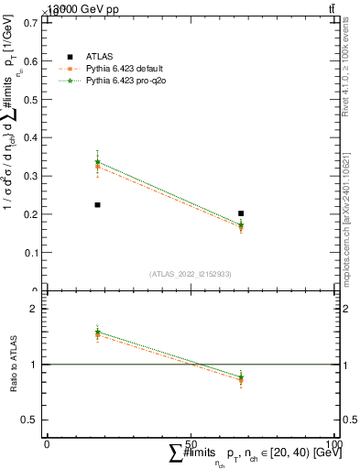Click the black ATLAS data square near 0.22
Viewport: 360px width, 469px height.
[97, 205]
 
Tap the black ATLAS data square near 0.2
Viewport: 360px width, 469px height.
[241, 213]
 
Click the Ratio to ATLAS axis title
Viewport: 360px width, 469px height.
[12, 364]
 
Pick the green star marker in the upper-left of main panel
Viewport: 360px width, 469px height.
[97, 162]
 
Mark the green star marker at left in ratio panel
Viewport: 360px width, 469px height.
[97, 332]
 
